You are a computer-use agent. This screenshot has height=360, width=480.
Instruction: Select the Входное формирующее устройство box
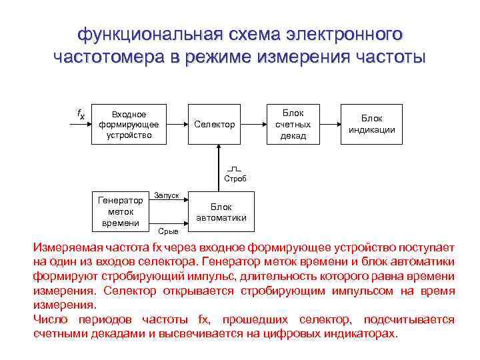(x=129, y=124)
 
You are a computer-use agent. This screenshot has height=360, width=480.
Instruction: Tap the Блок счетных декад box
(x=293, y=124)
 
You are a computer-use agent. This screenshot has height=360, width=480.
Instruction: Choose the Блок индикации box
(x=372, y=124)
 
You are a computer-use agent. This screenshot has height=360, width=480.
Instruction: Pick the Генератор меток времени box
(x=120, y=211)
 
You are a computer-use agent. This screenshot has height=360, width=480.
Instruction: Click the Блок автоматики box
(x=221, y=211)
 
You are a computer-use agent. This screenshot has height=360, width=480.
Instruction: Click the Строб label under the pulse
(x=235, y=179)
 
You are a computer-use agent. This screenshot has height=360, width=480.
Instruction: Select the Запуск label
(x=166, y=195)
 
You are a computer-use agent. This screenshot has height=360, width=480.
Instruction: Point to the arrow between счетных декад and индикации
(x=330, y=124)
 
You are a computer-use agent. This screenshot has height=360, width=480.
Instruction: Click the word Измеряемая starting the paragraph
(x=65, y=247)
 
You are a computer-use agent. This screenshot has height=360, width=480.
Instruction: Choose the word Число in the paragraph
(x=49, y=319)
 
